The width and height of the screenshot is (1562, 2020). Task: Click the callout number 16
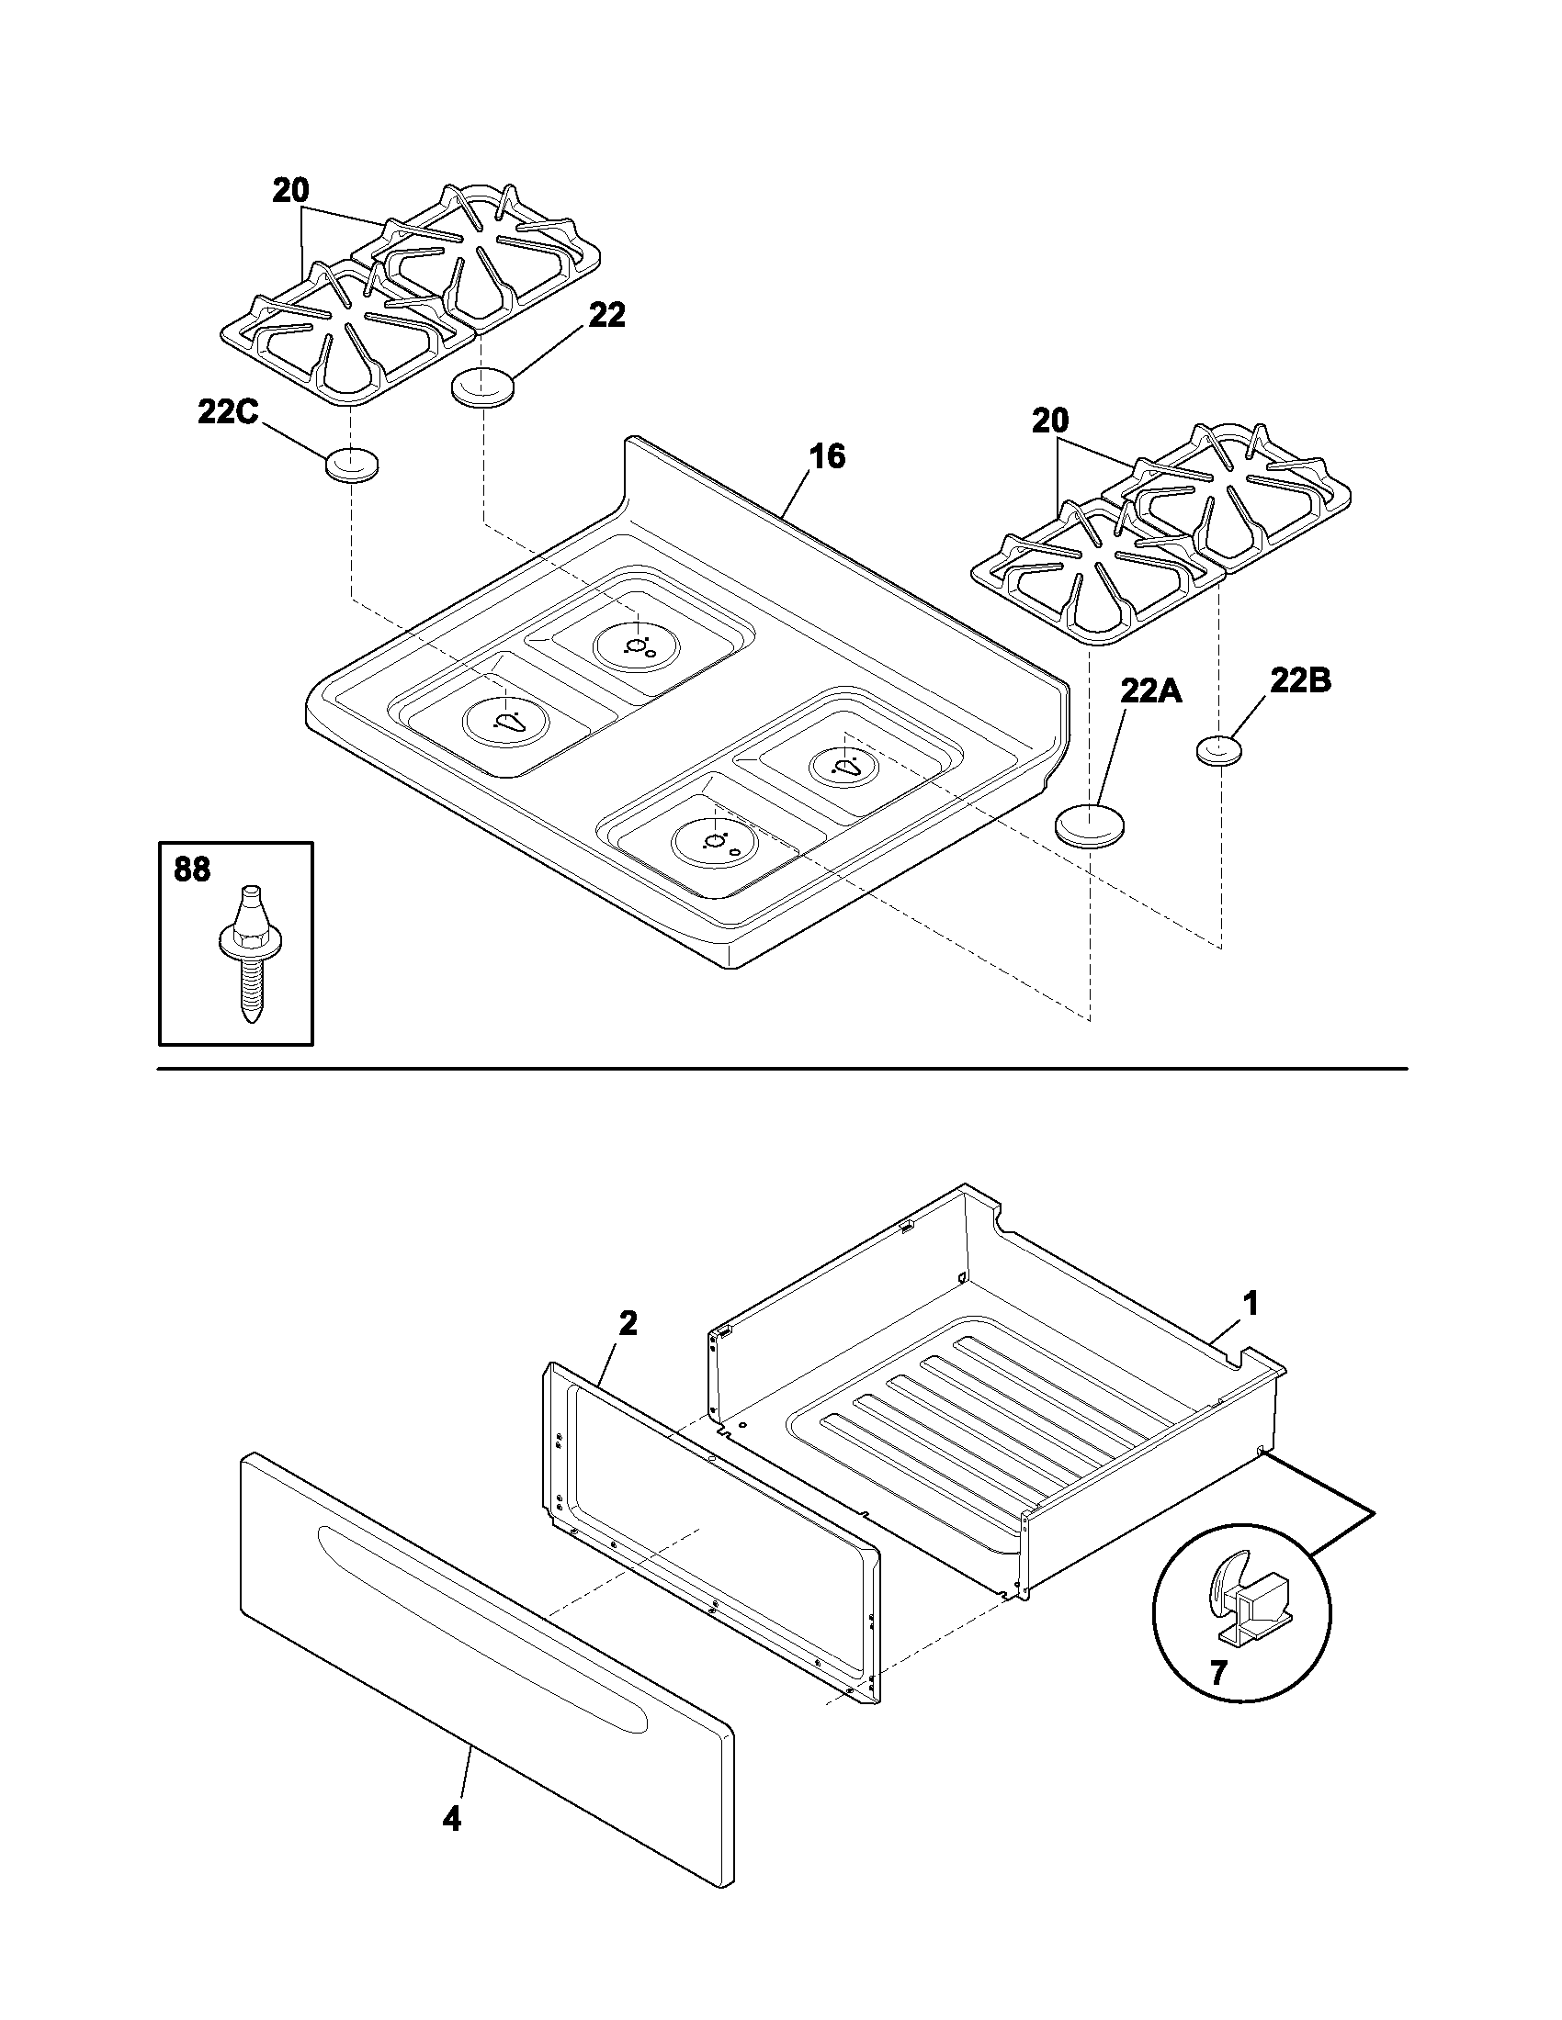click(827, 456)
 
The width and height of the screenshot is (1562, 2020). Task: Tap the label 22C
click(227, 411)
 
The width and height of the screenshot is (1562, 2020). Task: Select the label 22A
click(1150, 690)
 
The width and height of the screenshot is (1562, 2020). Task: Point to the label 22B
click(1299, 681)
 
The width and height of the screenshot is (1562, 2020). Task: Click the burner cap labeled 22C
click(351, 465)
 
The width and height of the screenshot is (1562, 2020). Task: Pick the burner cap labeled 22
click(482, 386)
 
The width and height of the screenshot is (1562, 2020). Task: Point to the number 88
click(191, 870)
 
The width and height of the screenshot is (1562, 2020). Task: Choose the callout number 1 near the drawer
click(1250, 1304)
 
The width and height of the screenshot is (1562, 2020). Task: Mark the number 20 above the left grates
click(290, 191)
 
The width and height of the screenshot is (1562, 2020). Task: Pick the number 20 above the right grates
click(1050, 421)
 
